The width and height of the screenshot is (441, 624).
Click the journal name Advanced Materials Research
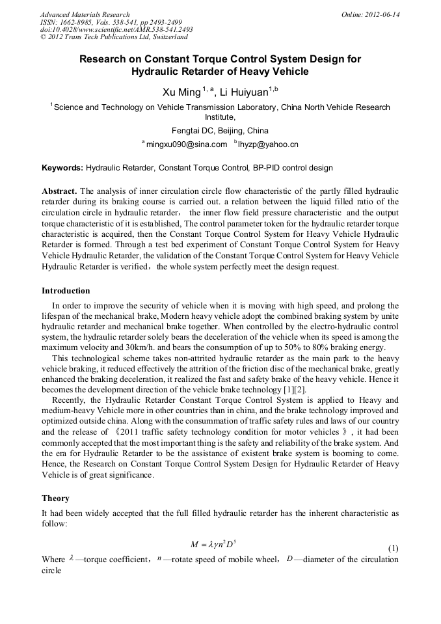pyautogui.click(x=85, y=14)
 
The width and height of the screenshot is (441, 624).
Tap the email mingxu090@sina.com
pyautogui.click(x=186, y=144)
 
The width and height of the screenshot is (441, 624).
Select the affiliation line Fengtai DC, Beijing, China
pyautogui.click(x=220, y=130)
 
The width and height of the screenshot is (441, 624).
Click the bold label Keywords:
pyautogui.click(x=62, y=168)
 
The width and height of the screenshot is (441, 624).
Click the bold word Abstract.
pyautogui.click(x=60, y=191)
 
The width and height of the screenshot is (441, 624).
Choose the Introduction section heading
pyautogui.click(x=66, y=290)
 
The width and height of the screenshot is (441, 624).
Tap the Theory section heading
pyautogui.click(x=55, y=498)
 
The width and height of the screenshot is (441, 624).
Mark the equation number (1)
pyautogui.click(x=393, y=549)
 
